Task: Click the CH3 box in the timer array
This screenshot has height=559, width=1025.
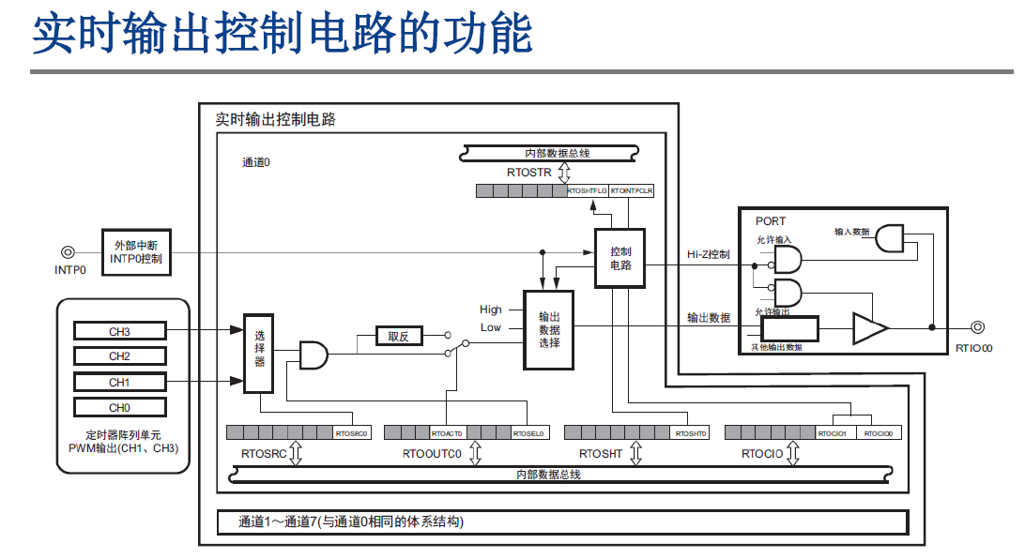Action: click(119, 331)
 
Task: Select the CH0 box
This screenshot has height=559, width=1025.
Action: click(119, 408)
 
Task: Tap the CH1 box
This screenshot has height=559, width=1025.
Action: click(119, 382)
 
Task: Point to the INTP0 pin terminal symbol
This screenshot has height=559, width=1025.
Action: click(68, 251)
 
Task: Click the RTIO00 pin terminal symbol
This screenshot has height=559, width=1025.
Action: click(977, 327)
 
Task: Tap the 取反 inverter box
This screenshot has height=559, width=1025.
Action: click(399, 336)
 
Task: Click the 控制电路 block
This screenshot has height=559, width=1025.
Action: click(620, 258)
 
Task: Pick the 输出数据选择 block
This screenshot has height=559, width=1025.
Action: click(548, 329)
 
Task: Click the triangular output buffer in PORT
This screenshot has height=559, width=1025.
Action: click(869, 328)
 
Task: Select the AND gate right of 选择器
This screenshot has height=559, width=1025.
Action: click(314, 354)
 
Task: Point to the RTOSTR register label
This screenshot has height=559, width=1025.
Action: click(528, 173)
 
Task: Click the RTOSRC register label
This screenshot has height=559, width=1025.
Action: click(264, 454)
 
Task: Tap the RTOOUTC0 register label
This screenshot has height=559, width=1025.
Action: click(432, 454)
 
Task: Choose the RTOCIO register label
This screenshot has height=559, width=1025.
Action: click(761, 454)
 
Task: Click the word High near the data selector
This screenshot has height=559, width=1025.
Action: click(491, 310)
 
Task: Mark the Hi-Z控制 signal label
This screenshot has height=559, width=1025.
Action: click(709, 254)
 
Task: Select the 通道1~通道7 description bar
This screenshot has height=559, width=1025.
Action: click(563, 521)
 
